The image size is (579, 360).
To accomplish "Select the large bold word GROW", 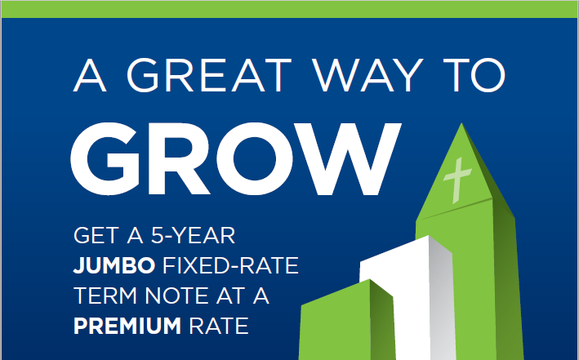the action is tap(235, 158).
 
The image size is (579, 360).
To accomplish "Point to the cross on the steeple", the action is tap(457, 180).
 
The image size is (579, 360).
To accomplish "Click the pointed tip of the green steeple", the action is tap(461, 124).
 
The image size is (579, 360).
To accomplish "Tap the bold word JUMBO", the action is tap(114, 266).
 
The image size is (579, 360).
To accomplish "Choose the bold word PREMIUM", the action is tap(127, 326).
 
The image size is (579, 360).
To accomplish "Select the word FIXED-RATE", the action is tap(230, 265).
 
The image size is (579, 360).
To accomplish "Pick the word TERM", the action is tap(105, 296).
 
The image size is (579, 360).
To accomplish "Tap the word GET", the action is tap(96, 236).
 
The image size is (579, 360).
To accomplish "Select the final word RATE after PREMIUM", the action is tap(219, 326).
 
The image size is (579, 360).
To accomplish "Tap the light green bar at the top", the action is tap(289, 9).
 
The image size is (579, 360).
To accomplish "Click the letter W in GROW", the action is tap(345, 158).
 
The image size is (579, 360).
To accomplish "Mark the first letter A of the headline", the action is tap(90, 75).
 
